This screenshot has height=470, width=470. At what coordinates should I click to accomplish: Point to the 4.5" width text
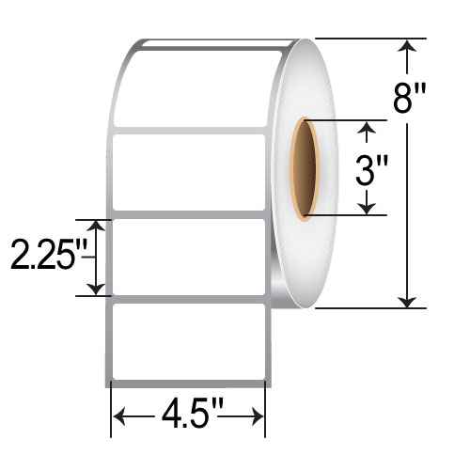coord(188,414)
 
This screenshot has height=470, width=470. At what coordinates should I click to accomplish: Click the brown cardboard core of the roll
coord(304,169)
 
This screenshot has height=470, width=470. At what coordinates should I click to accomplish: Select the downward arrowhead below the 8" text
coord(407,298)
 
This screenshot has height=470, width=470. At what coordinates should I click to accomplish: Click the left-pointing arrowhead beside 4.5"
coord(119,414)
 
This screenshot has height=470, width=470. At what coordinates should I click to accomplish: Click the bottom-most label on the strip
coord(188,341)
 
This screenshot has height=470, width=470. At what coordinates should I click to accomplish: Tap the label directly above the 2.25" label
coord(188,172)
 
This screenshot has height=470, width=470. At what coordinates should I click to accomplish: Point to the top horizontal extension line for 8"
coord(362,39)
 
